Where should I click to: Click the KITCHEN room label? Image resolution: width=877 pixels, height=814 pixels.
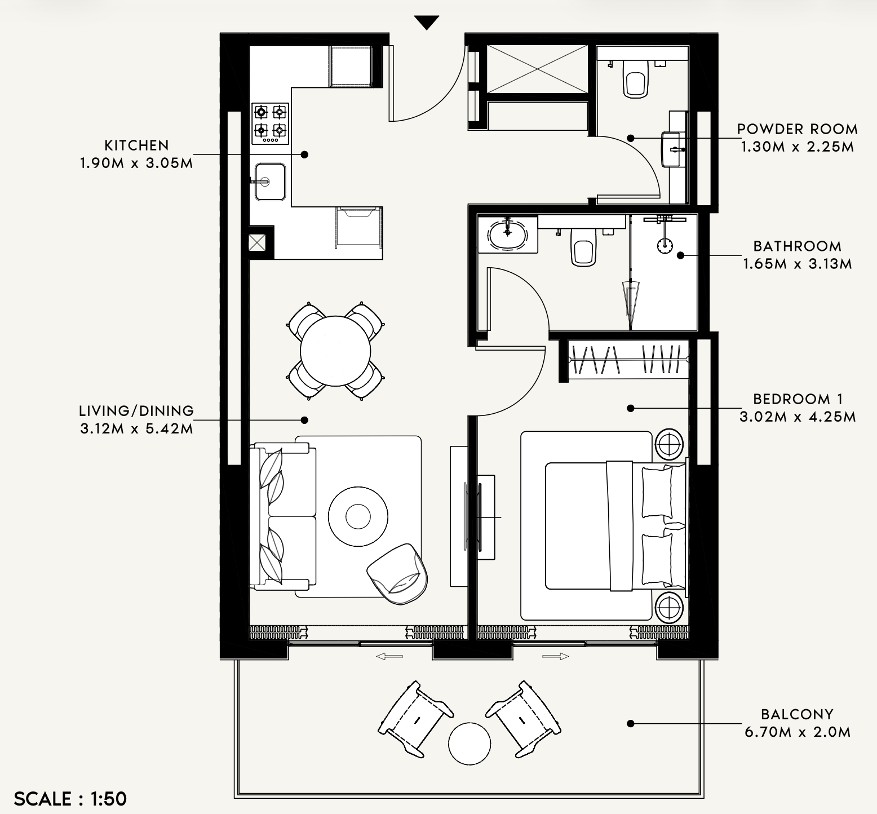click(x=136, y=145)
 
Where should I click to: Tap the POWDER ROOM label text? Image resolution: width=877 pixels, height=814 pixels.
click(x=797, y=129)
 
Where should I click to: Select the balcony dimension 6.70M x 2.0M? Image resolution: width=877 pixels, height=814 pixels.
click(x=797, y=732)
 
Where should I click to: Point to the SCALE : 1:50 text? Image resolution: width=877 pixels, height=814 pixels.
click(x=70, y=799)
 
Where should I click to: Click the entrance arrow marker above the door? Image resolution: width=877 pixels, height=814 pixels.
click(x=427, y=23)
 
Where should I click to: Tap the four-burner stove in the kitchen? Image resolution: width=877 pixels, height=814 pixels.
click(x=270, y=123)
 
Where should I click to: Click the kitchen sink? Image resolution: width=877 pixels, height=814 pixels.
click(x=270, y=182)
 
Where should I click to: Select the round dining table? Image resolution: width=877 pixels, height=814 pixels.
click(x=335, y=351)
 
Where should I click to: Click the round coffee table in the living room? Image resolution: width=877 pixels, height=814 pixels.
click(x=358, y=516)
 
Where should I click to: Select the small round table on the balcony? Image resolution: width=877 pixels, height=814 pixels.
click(x=469, y=744)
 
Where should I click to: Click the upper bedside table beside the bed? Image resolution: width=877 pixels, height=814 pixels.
click(x=669, y=445)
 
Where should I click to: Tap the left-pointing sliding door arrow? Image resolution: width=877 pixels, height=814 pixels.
click(x=389, y=656)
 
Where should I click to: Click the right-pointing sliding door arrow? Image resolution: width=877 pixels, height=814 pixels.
click(x=556, y=656)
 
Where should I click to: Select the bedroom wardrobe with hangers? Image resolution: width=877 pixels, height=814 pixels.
click(x=628, y=360)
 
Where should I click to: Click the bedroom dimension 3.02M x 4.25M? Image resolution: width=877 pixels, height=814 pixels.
click(x=798, y=417)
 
